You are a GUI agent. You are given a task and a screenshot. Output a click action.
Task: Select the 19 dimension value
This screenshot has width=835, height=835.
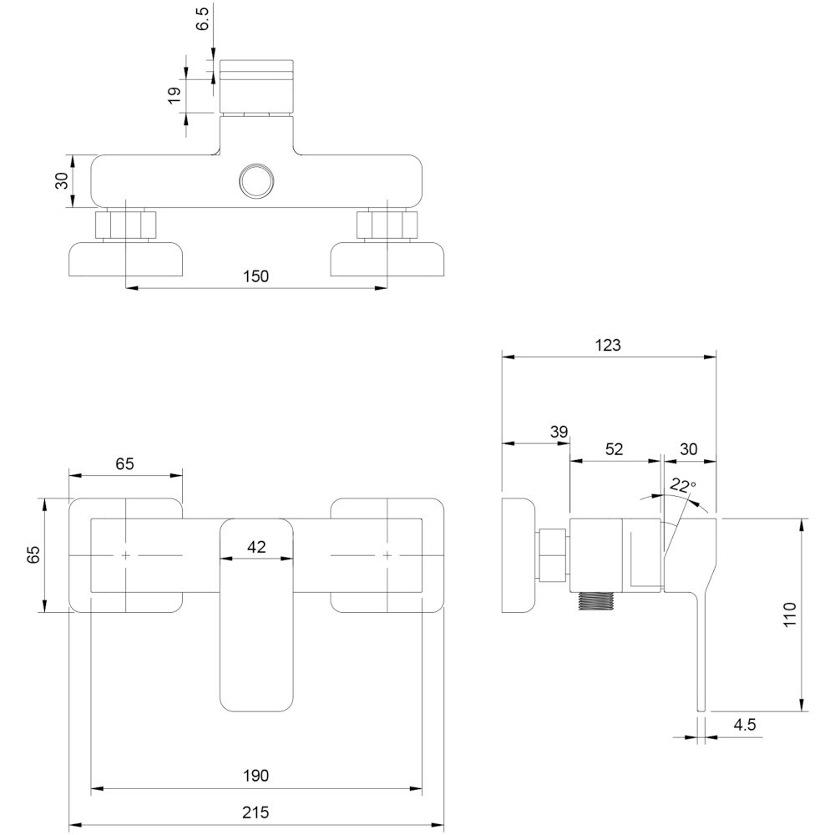pos(175,95)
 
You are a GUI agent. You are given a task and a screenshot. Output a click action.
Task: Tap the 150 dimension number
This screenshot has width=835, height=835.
pos(257,276)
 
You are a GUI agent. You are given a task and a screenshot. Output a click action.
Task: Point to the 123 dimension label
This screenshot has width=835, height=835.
pos(610,344)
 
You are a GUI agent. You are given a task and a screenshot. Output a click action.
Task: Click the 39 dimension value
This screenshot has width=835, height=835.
pos(559,432)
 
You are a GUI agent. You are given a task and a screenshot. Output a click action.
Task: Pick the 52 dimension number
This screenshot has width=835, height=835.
pos(614,448)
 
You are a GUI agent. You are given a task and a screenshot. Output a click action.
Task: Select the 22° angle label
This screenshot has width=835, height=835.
pos(682,485)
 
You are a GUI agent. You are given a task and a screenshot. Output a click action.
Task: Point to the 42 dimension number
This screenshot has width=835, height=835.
pos(256,548)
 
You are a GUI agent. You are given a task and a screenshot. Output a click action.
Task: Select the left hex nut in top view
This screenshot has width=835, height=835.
pos(125,225)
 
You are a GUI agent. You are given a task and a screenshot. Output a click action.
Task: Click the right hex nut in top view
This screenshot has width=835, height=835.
pos(387,225)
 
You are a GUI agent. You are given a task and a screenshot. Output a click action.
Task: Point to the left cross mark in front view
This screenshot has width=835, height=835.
pos(125,555)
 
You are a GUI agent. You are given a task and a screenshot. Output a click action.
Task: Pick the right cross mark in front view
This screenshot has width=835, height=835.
pos(387,555)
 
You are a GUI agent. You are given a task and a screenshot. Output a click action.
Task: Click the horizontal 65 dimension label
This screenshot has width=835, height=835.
pos(124,463)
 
